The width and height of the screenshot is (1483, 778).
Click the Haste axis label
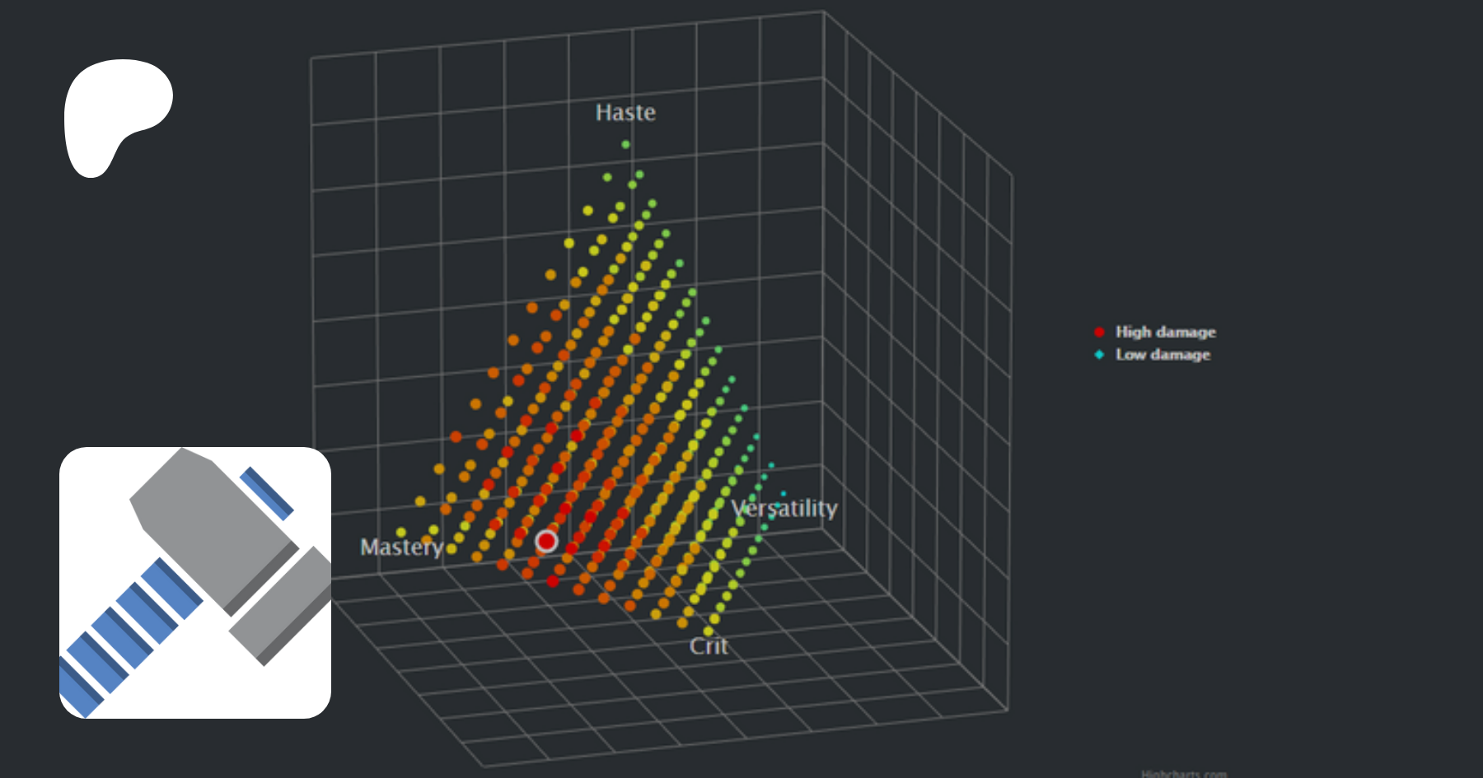625,112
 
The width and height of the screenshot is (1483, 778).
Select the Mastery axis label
401,547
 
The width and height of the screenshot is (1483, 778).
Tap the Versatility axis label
784,508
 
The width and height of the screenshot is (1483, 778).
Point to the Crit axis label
709,646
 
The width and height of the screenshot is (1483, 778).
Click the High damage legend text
1165,332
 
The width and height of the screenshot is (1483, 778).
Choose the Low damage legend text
1163,355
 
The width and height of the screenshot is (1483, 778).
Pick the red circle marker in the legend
1099,332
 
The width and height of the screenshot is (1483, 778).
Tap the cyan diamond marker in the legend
1099,355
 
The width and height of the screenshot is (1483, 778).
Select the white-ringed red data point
546,541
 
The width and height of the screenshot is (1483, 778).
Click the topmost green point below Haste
625,145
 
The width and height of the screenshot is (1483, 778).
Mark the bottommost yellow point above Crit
708,631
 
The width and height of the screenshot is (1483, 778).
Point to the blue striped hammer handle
124,634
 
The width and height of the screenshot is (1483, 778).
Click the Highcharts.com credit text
1183,773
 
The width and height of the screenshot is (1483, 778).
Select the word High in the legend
1133,332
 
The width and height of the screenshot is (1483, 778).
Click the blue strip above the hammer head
266,493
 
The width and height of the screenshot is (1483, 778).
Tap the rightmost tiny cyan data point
783,494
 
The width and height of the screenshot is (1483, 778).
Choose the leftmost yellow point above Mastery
401,532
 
